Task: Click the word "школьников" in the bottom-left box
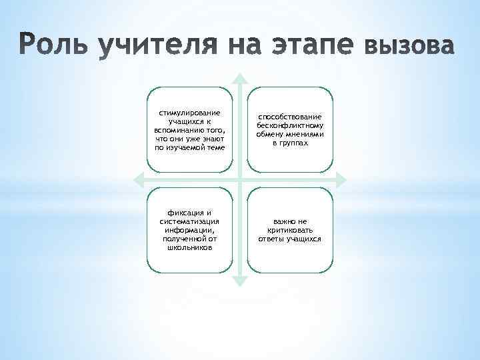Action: pos(189,247)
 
